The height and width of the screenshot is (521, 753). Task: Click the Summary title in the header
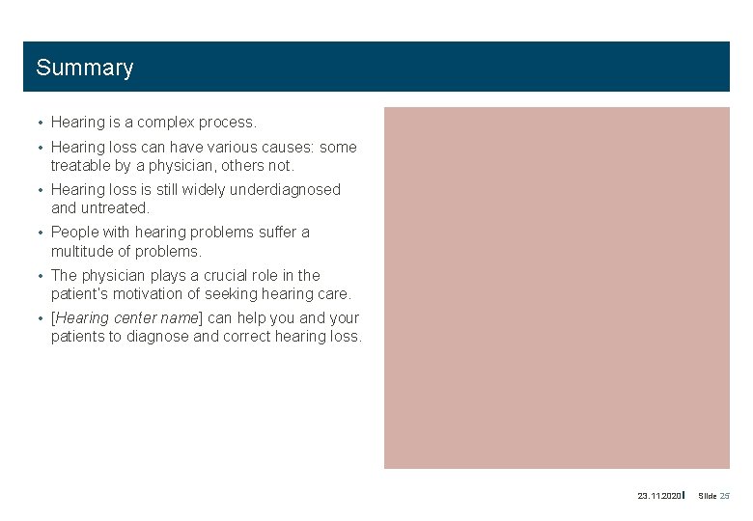coord(85,68)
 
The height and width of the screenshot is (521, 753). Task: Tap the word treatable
coord(81,165)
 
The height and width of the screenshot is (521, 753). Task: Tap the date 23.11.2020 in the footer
coord(659,496)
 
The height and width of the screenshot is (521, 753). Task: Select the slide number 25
coord(725,496)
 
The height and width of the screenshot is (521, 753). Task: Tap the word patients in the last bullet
coord(79,337)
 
